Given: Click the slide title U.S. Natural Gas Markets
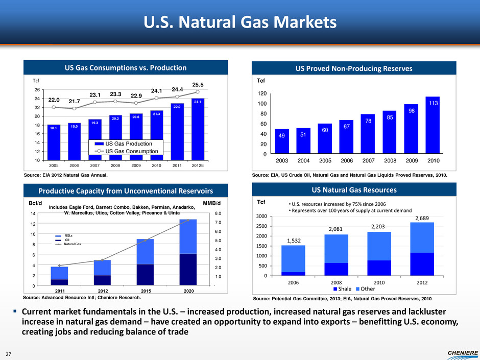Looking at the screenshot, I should pos(240,22).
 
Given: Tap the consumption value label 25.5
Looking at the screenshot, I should pos(198,83).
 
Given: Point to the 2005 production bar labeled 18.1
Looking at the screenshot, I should pos(53,142).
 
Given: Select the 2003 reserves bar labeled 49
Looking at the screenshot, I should pos(282,141).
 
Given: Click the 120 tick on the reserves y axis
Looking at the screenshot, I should pos(262,94).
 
